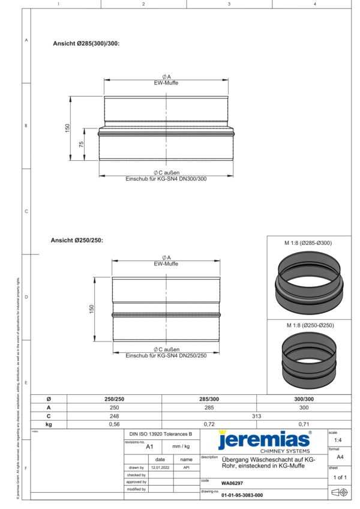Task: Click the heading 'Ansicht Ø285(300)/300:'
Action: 86,43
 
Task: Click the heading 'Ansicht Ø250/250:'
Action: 77,240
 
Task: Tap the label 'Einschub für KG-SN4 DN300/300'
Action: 166,179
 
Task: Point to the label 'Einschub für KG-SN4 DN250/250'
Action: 166,356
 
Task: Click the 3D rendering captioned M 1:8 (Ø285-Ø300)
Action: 308,282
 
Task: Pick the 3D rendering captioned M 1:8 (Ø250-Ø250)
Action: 308,361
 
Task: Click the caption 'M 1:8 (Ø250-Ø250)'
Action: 308,325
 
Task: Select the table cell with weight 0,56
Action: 114,424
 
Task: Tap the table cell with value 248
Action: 114,415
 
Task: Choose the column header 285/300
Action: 209,399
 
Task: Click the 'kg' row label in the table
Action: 49,424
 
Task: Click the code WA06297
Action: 232,483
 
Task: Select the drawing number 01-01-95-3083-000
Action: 242,496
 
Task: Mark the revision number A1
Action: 150,447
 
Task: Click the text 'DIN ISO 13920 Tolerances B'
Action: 161,433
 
